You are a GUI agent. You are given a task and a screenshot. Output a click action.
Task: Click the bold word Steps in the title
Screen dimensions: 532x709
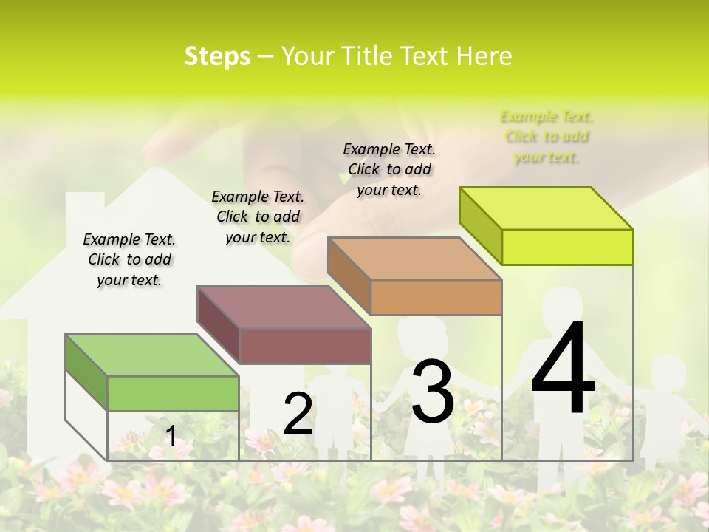coord(217,56)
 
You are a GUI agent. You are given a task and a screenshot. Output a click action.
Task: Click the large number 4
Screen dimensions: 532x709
coord(563,369)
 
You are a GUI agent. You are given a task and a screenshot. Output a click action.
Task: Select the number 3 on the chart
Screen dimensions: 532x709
coord(432,391)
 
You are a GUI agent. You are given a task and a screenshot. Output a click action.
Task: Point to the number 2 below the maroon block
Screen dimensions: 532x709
coord(298,414)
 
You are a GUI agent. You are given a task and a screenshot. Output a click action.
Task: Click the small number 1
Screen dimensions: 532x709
coord(171,436)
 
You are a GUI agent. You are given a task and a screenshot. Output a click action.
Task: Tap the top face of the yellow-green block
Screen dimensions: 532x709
coord(547,208)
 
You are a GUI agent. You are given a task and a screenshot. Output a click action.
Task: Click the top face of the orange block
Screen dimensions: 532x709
coord(415,259)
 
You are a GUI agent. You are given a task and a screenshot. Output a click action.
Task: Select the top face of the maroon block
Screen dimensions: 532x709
coord(284,307)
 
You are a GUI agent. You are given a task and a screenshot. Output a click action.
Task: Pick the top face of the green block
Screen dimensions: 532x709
coord(152,355)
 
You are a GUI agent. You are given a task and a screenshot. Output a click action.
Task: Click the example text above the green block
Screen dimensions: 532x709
coord(129,259)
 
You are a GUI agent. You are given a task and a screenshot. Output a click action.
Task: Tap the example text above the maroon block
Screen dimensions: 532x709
coord(258,216)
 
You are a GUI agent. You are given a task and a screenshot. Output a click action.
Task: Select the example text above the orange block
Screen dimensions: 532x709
coord(389,169)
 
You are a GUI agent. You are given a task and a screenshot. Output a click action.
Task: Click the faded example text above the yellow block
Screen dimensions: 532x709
coord(547,136)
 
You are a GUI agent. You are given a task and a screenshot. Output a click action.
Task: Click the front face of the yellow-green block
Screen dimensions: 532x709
coord(567,247)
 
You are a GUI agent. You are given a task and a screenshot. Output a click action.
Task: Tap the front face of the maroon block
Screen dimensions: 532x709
coord(305,346)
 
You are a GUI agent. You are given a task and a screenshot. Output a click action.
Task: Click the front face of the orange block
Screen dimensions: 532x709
coord(436,297)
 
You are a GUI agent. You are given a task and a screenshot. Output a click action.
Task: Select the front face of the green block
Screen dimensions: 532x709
coord(173,393)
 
